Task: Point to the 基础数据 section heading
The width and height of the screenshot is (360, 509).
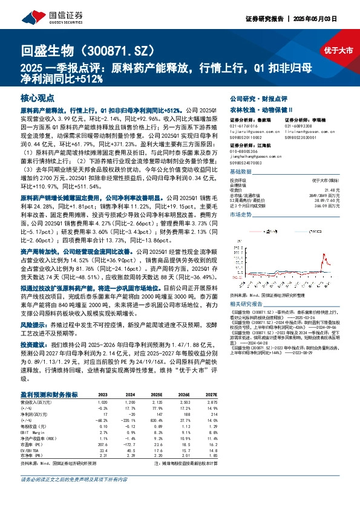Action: (x=243, y=172)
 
